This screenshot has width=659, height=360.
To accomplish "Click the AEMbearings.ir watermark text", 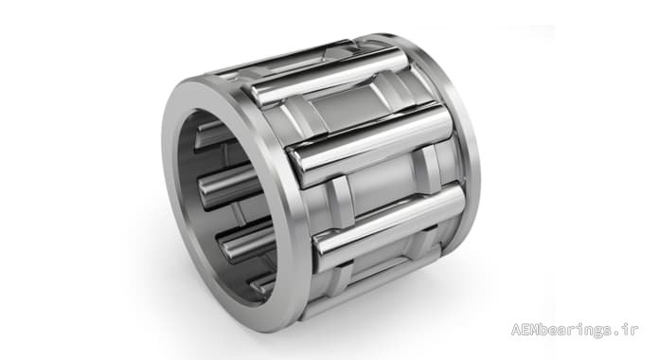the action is [574, 330].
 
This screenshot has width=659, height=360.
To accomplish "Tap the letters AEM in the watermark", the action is [523, 329].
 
